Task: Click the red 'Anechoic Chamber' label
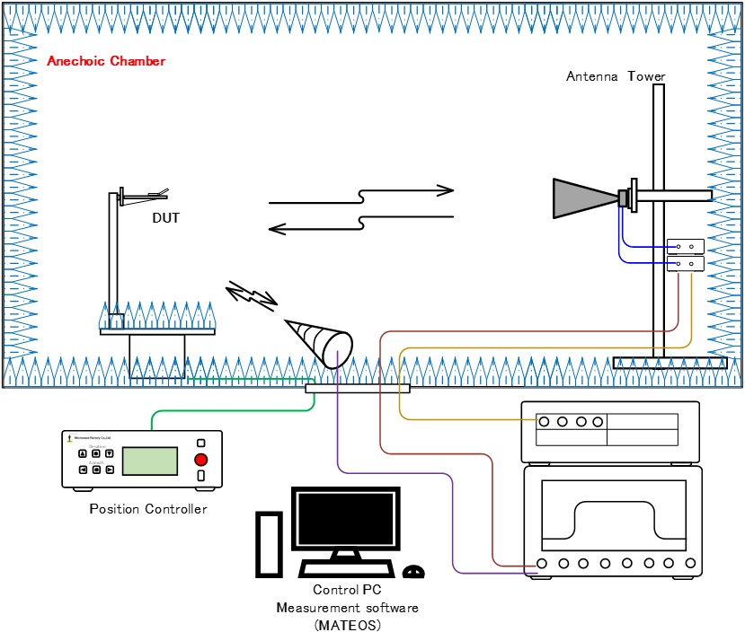[x=106, y=61]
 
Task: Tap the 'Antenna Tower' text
[x=616, y=76]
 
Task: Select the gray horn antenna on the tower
[x=584, y=198]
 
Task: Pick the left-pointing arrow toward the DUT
[x=359, y=224]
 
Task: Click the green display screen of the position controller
[x=149, y=460]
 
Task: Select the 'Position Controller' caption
[x=148, y=509]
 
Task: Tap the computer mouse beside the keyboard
[x=413, y=570]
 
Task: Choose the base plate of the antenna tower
[x=670, y=363]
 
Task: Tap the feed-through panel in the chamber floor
[x=357, y=388]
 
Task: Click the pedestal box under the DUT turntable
[x=157, y=356]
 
